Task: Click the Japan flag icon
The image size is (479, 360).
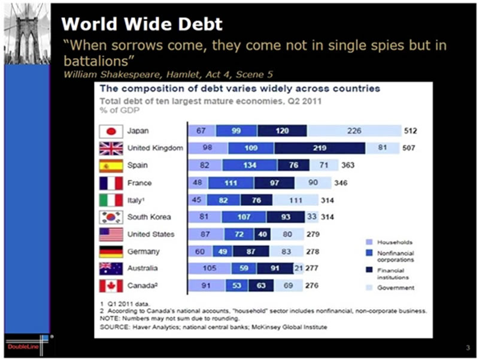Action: click(111, 131)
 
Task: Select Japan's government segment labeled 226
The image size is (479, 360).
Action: click(354, 131)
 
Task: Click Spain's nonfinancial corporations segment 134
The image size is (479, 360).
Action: click(246, 165)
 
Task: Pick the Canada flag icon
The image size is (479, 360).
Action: click(111, 286)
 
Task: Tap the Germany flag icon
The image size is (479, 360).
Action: click(111, 252)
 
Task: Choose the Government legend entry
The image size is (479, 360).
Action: click(396, 288)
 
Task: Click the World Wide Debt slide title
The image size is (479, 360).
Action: click(142, 24)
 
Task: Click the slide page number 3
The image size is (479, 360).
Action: click(467, 348)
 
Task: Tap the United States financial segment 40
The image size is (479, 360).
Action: click(260, 234)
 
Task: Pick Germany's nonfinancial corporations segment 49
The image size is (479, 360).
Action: click(222, 252)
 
